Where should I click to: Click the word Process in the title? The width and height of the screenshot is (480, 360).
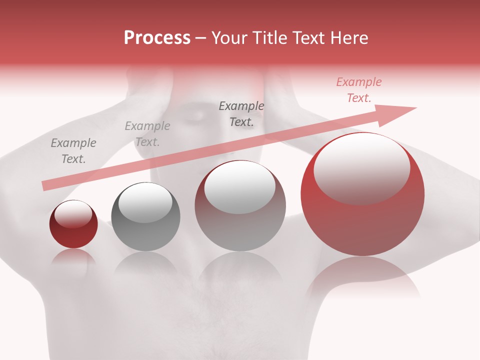pyautogui.click(x=157, y=38)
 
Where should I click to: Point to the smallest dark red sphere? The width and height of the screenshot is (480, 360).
pyautogui.click(x=73, y=224)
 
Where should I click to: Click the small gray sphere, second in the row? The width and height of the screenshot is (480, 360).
pyautogui.click(x=145, y=217)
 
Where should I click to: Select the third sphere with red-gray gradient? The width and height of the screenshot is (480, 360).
pyautogui.click(x=240, y=205)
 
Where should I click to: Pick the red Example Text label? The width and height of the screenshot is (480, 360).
pyautogui.click(x=359, y=90)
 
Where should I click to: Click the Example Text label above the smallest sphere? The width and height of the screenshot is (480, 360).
pyautogui.click(x=73, y=151)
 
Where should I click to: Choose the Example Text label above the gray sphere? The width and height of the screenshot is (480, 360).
pyautogui.click(x=147, y=134)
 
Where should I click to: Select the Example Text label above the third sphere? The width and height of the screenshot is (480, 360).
pyautogui.click(x=241, y=113)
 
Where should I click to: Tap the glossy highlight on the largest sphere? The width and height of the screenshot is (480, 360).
pyautogui.click(x=361, y=167)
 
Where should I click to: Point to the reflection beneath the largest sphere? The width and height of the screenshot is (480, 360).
pyautogui.click(x=362, y=277)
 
